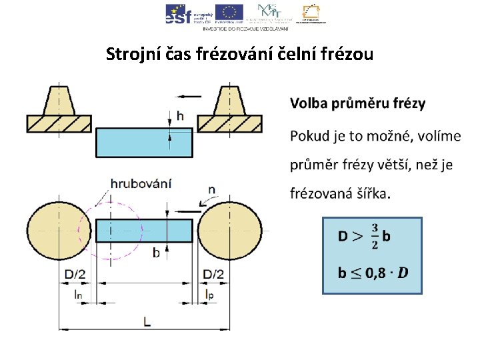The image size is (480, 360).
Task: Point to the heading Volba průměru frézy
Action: [357, 103]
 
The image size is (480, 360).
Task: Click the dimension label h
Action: [180, 117]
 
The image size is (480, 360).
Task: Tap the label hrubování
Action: [141, 183]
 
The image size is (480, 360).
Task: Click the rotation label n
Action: [211, 189]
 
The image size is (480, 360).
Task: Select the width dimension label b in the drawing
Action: [156, 253]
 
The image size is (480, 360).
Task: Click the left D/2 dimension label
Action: [75, 274]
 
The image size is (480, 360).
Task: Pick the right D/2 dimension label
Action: [214, 274]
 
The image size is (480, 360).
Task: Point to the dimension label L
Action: [147, 321]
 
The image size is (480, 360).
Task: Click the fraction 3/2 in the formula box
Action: [374, 236]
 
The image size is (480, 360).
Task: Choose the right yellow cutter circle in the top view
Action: [230, 231]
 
